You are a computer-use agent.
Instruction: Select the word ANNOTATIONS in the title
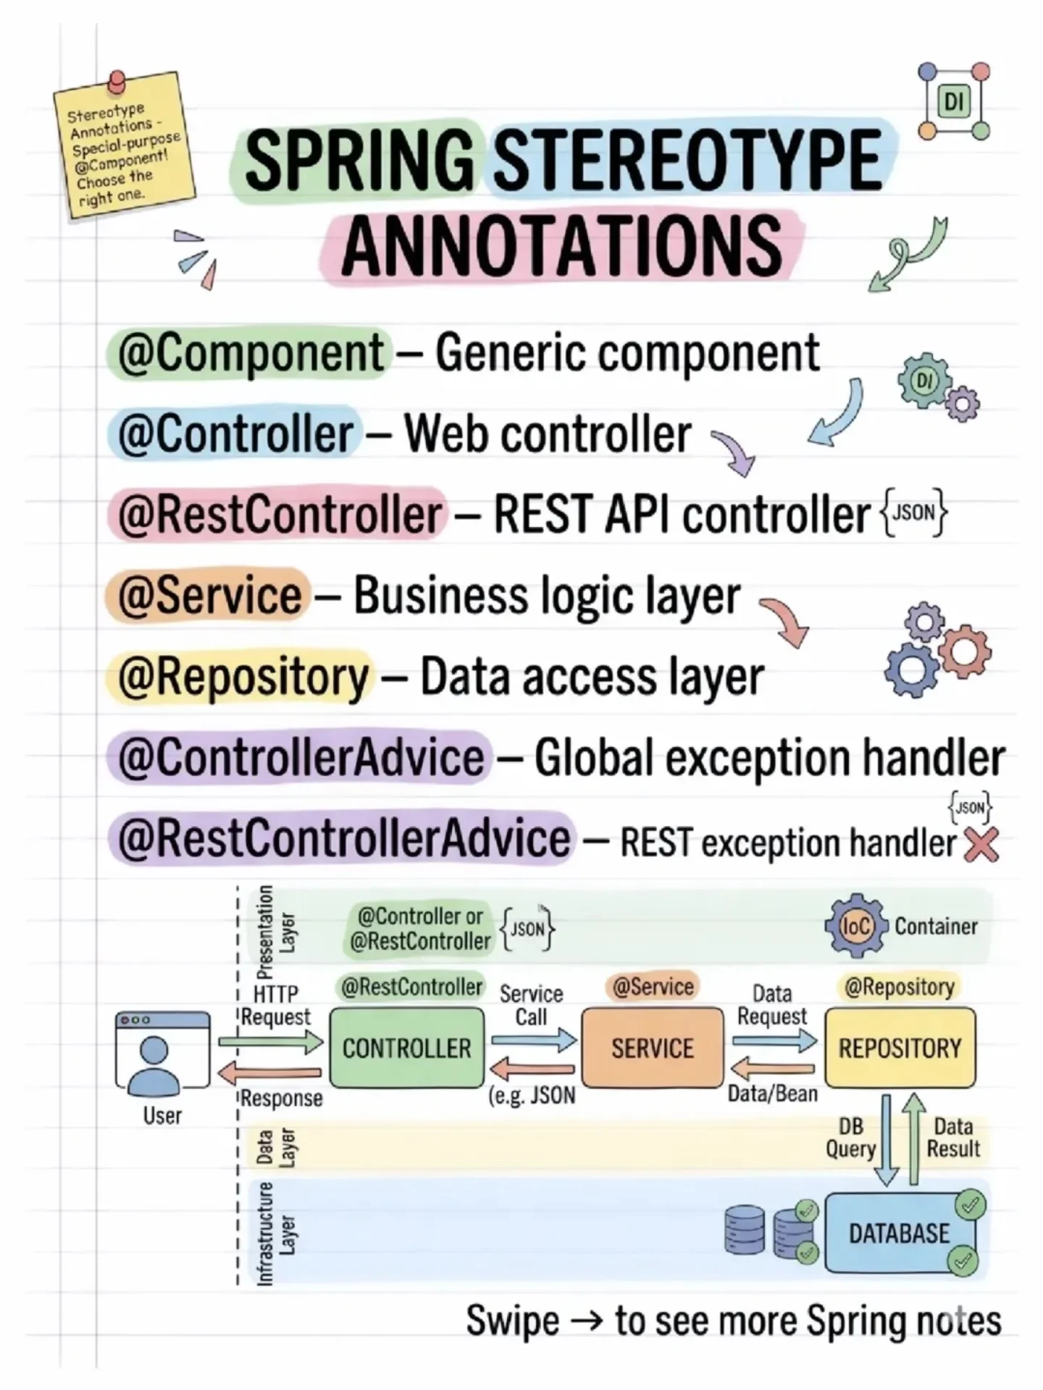(561, 246)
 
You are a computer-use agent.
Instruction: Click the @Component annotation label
(251, 353)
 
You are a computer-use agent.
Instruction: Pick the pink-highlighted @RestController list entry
(279, 515)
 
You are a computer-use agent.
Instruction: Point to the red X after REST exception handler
(981, 845)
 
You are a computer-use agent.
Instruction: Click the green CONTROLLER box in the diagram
(407, 1048)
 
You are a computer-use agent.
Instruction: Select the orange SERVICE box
(653, 1048)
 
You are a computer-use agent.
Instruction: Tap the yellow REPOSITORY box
(900, 1048)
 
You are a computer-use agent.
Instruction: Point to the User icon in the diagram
(162, 1053)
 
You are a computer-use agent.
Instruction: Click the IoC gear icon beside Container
(855, 926)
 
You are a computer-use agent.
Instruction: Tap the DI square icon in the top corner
(954, 102)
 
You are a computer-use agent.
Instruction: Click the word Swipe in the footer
(512, 1320)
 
